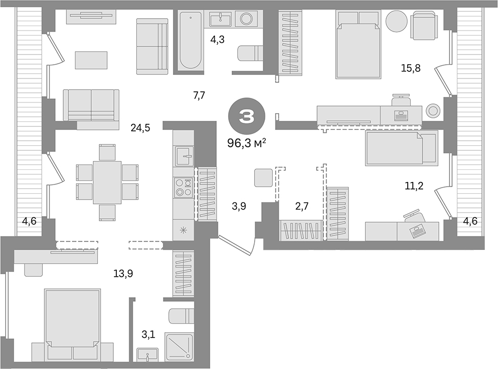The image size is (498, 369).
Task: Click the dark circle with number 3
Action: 247,117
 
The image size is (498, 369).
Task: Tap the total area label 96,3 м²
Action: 247,144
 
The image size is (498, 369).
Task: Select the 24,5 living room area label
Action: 140,128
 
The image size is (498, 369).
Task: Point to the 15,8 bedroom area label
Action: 410,68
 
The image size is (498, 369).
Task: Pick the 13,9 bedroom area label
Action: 123,274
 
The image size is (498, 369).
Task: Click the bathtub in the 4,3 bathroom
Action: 191,40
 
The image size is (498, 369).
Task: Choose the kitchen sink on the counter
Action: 184,155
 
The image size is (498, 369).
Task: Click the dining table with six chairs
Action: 107,182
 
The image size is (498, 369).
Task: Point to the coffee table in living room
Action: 91,60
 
